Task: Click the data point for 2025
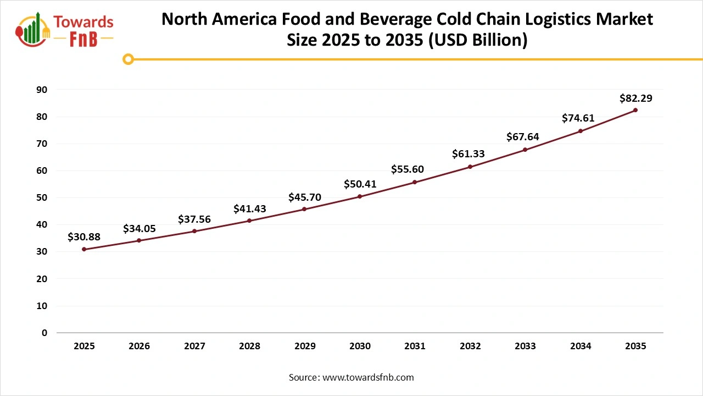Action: click(x=84, y=249)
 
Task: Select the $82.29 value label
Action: click(x=635, y=98)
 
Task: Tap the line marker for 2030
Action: click(x=360, y=196)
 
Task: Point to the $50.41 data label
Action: click(x=360, y=184)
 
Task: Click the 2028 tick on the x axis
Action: click(x=249, y=346)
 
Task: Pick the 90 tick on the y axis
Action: click(x=42, y=90)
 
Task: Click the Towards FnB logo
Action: click(x=65, y=30)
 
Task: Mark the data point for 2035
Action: click(x=635, y=110)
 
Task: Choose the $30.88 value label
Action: click(x=84, y=237)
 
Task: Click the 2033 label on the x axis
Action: click(x=525, y=346)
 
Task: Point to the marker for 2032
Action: click(x=470, y=167)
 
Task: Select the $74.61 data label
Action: click(x=578, y=118)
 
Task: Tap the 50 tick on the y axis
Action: click(x=42, y=197)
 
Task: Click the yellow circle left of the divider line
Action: click(x=128, y=59)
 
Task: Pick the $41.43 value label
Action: click(x=249, y=208)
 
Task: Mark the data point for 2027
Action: click(x=194, y=231)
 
